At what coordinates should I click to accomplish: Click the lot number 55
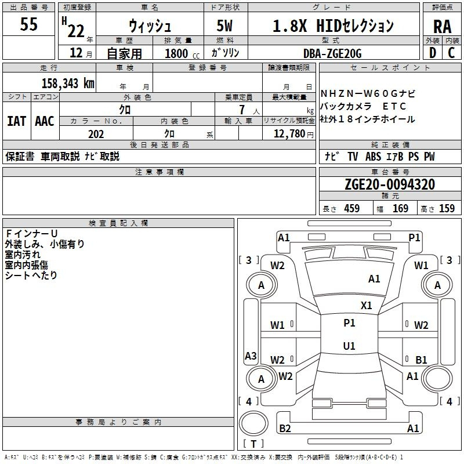tap(28, 24)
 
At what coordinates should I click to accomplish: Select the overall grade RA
tap(442, 27)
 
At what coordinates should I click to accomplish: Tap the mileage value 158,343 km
tap(68, 83)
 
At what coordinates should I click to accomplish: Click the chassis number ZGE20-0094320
tap(390, 184)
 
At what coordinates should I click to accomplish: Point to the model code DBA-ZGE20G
tap(332, 53)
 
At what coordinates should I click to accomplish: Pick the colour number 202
tap(96, 134)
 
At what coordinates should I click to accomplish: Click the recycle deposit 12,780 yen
tap(293, 134)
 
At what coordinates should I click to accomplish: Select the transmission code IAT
tap(17, 121)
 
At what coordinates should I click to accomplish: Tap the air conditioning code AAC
tap(45, 121)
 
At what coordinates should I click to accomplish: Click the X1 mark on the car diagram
tap(366, 306)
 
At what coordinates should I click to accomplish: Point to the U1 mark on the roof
tap(349, 346)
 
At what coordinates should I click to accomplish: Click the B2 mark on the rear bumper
tap(285, 428)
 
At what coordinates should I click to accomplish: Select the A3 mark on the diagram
tap(251, 356)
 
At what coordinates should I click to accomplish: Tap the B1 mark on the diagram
tap(421, 360)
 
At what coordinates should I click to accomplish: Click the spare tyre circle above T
tap(253, 423)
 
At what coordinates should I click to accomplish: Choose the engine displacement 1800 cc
tap(182, 53)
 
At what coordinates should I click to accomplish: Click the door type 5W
tap(224, 26)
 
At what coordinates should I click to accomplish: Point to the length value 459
tap(352, 208)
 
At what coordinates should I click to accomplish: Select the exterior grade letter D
tap(433, 53)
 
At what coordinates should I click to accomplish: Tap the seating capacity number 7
tap(242, 110)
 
